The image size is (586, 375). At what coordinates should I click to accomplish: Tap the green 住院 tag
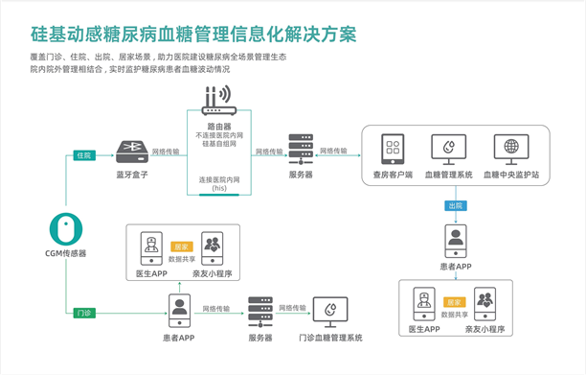pos(83,155)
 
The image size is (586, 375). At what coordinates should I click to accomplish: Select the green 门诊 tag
pos(83,313)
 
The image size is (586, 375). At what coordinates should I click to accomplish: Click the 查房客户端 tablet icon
pos(392,150)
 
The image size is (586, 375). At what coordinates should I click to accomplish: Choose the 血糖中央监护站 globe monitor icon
pos(511,150)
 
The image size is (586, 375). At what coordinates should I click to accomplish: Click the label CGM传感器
pos(65,254)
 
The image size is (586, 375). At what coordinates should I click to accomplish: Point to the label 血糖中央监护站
pos(511,176)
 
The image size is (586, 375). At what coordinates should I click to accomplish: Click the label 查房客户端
pos(392,176)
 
